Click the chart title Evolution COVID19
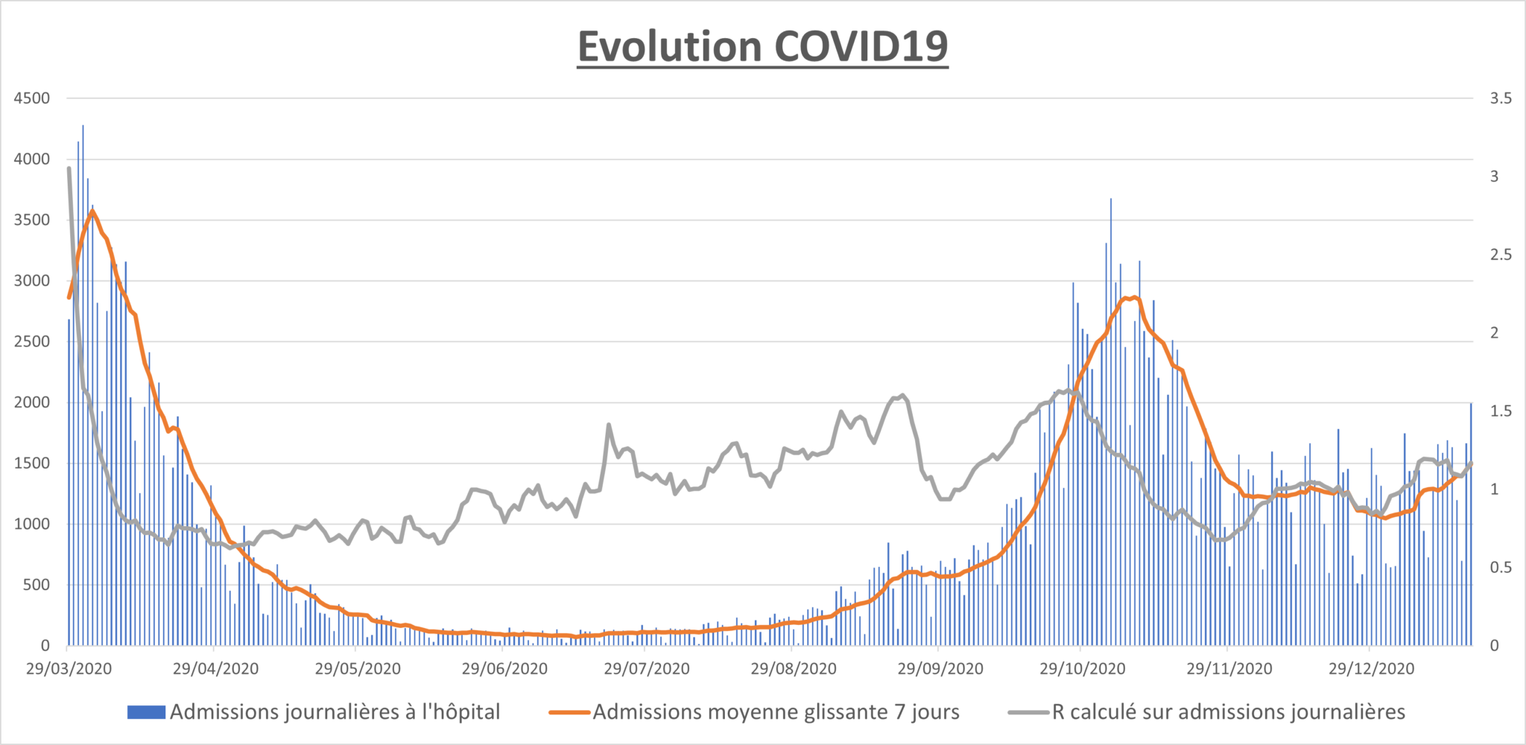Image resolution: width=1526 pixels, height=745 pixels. (762, 46)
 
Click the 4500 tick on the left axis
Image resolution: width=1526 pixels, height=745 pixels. (32, 98)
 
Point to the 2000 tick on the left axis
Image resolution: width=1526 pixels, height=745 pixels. (32, 402)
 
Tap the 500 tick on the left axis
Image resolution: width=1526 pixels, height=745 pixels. (37, 585)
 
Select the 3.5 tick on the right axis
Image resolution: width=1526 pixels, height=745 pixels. (1501, 98)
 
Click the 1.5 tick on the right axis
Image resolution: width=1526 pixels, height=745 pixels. (1501, 411)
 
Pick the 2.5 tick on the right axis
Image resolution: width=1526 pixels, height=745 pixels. (1501, 255)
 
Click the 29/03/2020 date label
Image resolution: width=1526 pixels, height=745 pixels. (69, 668)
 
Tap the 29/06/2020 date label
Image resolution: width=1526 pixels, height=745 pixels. (504, 668)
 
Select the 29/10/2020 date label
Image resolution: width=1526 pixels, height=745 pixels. (1083, 668)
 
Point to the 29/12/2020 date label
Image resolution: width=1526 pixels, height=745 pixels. (1372, 668)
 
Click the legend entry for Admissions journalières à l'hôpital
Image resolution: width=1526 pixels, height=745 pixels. (314, 712)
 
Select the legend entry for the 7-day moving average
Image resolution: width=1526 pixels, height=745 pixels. (754, 712)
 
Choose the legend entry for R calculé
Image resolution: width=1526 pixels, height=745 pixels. (1206, 712)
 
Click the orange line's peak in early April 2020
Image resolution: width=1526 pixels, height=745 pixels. (92, 211)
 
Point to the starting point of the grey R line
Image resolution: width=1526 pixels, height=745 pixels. (69, 168)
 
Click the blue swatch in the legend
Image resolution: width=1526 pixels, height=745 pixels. (146, 712)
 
